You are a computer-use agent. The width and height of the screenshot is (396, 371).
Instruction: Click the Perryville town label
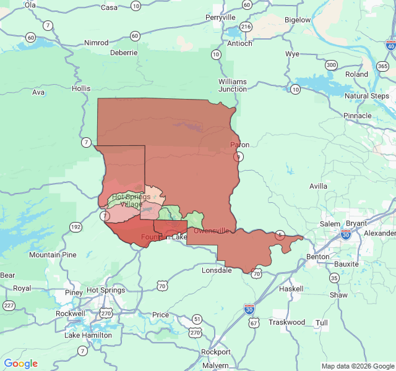(x=220, y=17)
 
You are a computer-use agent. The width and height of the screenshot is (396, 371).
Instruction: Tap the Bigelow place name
(x=297, y=20)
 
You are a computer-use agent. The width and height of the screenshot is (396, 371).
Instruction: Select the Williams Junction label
(x=232, y=85)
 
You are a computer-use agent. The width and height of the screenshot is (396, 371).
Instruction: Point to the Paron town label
(x=239, y=145)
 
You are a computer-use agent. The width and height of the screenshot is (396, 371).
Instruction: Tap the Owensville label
(x=212, y=231)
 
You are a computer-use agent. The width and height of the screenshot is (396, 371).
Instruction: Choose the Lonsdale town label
(x=217, y=270)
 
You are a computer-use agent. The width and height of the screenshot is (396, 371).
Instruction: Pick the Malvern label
(x=215, y=365)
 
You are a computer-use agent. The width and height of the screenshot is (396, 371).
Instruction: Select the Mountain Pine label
(x=53, y=255)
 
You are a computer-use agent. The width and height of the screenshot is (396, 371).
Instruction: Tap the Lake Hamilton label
(x=88, y=335)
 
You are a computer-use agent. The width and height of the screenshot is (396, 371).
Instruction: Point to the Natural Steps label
(x=366, y=96)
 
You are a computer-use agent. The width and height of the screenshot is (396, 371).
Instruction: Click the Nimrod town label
(x=96, y=43)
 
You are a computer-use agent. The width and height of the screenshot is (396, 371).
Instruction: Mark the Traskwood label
(x=286, y=322)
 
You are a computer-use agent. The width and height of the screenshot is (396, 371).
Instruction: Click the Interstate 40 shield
(x=390, y=45)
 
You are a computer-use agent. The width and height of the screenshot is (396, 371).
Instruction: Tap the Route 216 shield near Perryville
(x=246, y=27)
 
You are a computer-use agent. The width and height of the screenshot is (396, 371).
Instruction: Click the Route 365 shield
(x=382, y=66)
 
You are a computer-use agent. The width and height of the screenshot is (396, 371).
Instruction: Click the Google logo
(x=20, y=364)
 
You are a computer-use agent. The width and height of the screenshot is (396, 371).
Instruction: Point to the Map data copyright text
(x=357, y=366)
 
